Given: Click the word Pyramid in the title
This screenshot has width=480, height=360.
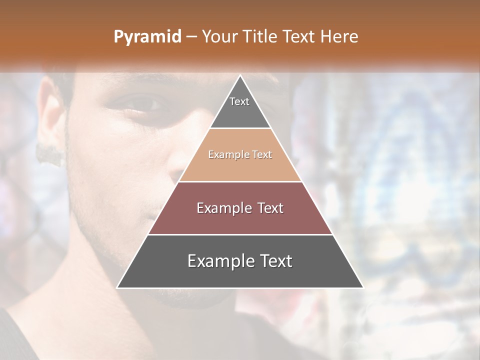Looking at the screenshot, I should [147, 37].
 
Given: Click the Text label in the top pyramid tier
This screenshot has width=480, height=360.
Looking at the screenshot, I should [239, 101].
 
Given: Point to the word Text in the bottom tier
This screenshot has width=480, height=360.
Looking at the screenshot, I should [275, 261].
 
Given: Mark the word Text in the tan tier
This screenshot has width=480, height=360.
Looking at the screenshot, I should [262, 154].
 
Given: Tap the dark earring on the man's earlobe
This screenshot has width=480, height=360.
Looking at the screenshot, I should [50, 155].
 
